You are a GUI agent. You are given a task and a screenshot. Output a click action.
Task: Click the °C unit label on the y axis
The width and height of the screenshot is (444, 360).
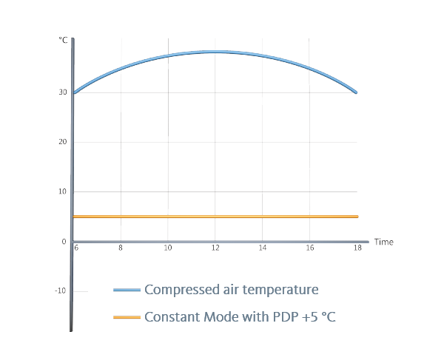[x=63, y=40]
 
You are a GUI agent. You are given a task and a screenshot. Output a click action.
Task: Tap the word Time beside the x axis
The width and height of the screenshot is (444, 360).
[x=383, y=242]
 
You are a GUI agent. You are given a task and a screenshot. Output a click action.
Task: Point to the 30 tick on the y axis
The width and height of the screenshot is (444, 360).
[x=63, y=92]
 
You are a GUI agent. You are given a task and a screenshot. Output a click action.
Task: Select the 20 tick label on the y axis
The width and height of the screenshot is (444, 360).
[x=63, y=142]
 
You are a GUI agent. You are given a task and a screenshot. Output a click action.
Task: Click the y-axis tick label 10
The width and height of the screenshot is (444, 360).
[x=63, y=191]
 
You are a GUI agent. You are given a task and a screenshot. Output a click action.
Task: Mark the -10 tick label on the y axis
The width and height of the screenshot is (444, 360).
[x=61, y=291]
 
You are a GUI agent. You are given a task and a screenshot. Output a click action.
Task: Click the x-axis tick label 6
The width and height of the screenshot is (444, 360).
[x=75, y=249]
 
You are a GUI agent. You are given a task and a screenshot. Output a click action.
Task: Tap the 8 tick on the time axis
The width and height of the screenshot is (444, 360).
[x=121, y=249]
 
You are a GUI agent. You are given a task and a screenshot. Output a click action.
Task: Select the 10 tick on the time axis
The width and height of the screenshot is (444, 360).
[x=168, y=249]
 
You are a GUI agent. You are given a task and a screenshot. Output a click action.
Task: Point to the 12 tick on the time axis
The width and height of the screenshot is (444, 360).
[x=215, y=249]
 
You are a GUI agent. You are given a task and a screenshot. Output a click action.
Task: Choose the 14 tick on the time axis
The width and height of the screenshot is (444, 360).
[x=263, y=249]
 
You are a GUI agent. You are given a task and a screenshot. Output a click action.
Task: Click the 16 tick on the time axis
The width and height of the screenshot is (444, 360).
[x=310, y=249]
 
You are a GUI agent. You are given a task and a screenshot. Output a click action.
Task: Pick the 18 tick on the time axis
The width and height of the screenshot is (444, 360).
[x=357, y=249]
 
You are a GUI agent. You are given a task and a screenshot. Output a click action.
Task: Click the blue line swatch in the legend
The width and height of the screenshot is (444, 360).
[x=127, y=290]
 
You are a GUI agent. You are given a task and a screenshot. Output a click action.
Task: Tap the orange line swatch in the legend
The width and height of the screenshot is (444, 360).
[x=127, y=317]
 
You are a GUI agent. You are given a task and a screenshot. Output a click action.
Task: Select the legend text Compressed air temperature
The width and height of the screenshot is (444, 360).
[x=231, y=290]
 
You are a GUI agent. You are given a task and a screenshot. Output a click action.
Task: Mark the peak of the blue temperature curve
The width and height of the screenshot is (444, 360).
[x=215, y=52]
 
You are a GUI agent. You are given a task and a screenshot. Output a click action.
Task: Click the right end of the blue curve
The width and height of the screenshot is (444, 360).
[x=357, y=92]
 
